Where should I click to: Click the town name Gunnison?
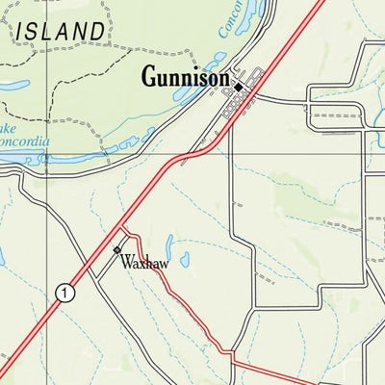(x=185, y=76)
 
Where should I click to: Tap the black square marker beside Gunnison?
(x=239, y=85)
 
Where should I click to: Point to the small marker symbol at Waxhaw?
(x=117, y=250)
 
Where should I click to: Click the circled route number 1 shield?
(x=64, y=293)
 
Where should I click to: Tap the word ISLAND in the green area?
(x=60, y=32)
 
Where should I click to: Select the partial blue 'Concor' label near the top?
(x=227, y=19)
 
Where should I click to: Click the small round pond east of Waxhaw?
(x=185, y=259)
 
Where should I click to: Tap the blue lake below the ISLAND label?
(x=14, y=85)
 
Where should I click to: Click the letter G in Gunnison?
(x=150, y=76)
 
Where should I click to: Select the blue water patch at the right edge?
(x=381, y=135)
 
